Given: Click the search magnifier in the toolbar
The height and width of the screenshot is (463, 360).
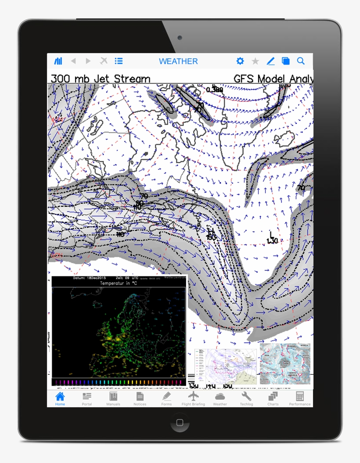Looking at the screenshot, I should pyautogui.click(x=301, y=61).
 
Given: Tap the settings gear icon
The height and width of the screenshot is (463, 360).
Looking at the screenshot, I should pyautogui.click(x=240, y=61).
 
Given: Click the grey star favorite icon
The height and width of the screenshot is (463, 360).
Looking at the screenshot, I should pyautogui.click(x=255, y=61).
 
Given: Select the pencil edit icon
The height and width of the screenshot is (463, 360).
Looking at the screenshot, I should pyautogui.click(x=270, y=61).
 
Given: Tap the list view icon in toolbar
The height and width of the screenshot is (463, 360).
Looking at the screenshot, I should pyautogui.click(x=119, y=61).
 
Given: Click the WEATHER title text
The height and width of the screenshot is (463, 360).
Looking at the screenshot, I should pyautogui.click(x=178, y=61).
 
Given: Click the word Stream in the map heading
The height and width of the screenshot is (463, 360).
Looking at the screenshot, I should pyautogui.click(x=132, y=79).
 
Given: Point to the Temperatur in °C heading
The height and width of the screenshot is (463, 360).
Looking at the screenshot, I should pyautogui.click(x=119, y=284).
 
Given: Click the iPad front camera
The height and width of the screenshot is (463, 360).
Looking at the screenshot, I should pyautogui.click(x=180, y=38).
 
